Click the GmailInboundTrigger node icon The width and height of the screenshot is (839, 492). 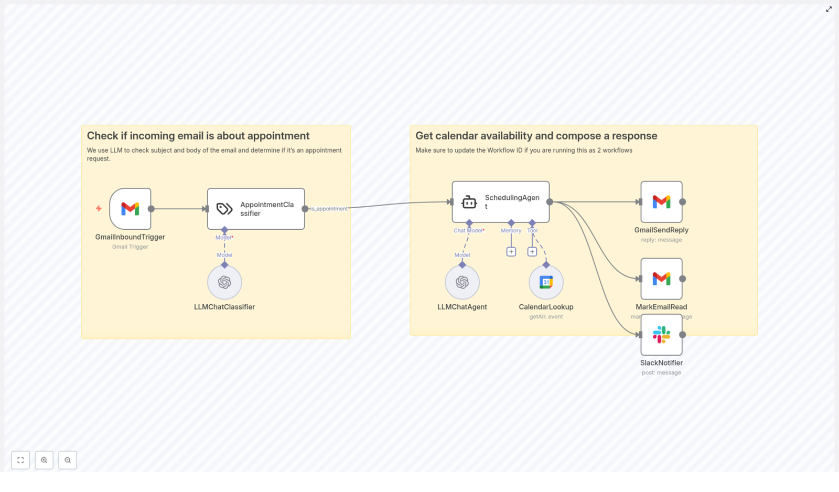click(130, 209)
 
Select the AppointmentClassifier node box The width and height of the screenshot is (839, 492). click(256, 209)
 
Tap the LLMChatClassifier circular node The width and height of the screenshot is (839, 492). click(224, 282)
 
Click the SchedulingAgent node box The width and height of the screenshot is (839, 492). click(501, 202)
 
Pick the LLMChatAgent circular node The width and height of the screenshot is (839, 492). click(462, 282)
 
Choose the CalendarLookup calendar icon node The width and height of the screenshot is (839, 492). click(546, 282)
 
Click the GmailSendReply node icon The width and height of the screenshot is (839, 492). click(661, 202)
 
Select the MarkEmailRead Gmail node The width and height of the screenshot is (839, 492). click(661, 279)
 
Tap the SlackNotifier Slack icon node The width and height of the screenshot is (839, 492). click(661, 335)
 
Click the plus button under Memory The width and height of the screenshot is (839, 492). click(511, 252)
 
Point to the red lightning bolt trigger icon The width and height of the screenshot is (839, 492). click(99, 209)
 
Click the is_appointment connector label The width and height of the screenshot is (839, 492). click(329, 209)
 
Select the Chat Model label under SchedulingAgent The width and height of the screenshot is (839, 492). click(468, 231)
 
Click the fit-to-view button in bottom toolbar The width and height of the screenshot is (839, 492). click(20, 460)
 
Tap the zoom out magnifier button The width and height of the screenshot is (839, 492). click(68, 460)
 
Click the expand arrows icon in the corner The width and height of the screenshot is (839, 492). click(829, 9)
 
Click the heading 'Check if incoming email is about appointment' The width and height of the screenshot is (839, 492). click(198, 136)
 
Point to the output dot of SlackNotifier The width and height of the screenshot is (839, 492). click(683, 335)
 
